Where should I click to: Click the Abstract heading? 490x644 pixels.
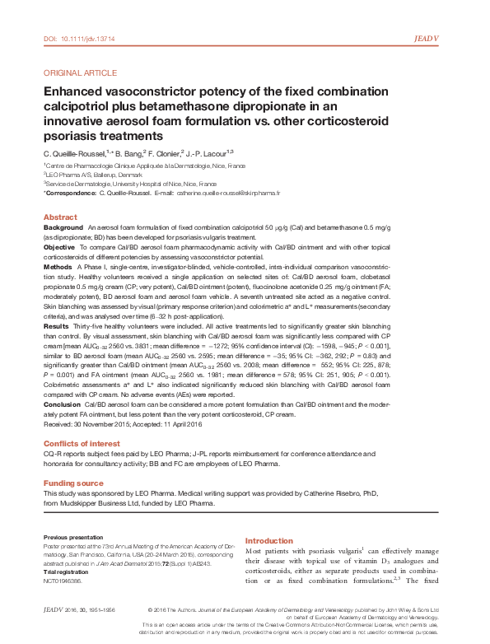point(60,216)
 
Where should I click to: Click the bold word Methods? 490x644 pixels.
point(58,267)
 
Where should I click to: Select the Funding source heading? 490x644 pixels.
point(73,483)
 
